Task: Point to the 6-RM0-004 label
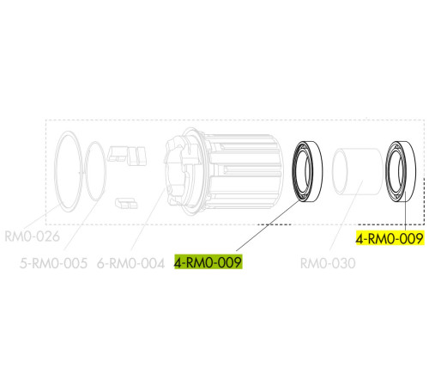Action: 131,263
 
